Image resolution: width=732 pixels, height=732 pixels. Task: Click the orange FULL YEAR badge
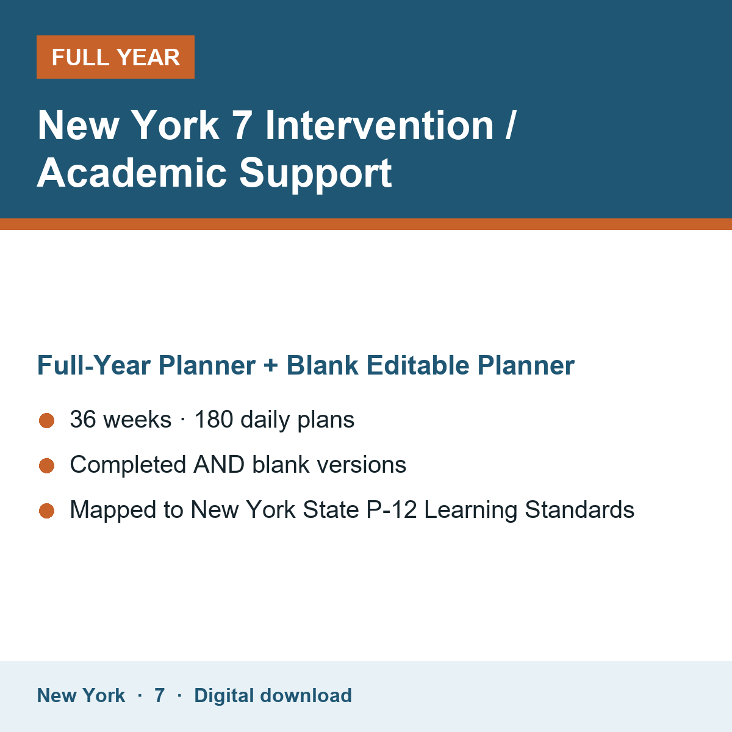pyautogui.click(x=115, y=57)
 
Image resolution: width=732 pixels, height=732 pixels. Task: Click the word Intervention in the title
pyautogui.click(x=379, y=126)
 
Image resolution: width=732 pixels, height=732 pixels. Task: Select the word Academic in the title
pyautogui.click(x=132, y=173)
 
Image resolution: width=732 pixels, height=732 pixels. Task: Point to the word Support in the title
pyautogui.click(x=315, y=174)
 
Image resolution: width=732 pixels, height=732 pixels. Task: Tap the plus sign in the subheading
pyautogui.click(x=271, y=366)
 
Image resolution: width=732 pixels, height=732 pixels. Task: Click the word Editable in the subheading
pyautogui.click(x=418, y=365)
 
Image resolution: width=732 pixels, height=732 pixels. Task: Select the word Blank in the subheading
pyautogui.click(x=323, y=365)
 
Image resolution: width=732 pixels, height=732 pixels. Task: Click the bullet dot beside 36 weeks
pyautogui.click(x=47, y=420)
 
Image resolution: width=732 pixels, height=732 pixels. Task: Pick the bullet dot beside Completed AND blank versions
pyautogui.click(x=47, y=465)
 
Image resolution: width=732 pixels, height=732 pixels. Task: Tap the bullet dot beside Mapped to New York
pyautogui.click(x=47, y=511)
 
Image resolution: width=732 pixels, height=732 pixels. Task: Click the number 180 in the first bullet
pyautogui.click(x=214, y=419)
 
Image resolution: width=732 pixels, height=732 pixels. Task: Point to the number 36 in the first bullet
pyautogui.click(x=83, y=419)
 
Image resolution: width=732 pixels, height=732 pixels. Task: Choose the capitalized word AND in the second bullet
pyautogui.click(x=219, y=465)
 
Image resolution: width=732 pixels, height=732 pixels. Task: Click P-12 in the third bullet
pyautogui.click(x=391, y=509)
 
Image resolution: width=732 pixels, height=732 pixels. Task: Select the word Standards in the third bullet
pyautogui.click(x=579, y=509)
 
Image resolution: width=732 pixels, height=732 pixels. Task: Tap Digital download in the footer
pyautogui.click(x=273, y=695)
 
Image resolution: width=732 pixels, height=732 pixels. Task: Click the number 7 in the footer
pyautogui.click(x=160, y=695)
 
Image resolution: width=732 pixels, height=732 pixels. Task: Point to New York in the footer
pyautogui.click(x=81, y=695)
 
